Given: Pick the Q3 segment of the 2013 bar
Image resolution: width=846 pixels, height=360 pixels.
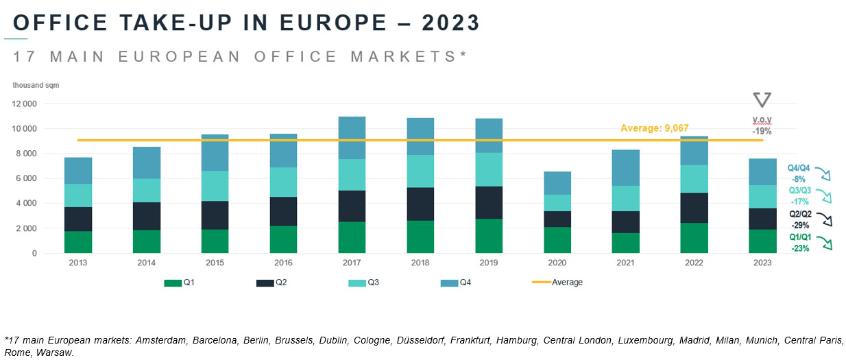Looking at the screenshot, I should click(x=78, y=195).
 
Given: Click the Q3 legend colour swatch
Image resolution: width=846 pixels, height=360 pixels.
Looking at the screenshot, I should click(x=358, y=283).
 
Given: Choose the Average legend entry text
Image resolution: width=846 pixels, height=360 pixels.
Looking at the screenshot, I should click(x=567, y=283).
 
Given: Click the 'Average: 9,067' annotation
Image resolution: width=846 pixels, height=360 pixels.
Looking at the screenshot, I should click(x=654, y=128).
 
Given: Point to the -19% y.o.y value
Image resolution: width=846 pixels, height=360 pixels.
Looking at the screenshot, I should click(x=762, y=130).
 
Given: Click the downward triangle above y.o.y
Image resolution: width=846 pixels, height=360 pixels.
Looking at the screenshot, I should click(x=762, y=100).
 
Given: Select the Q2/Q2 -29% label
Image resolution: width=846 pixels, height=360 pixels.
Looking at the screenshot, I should click(x=799, y=219).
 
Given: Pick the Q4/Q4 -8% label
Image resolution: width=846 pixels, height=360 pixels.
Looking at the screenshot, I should click(x=799, y=172).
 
